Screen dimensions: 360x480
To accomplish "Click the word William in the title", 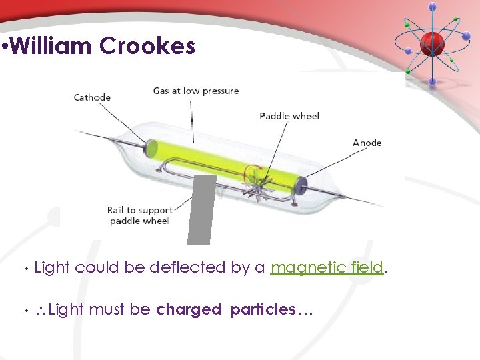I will (52, 47).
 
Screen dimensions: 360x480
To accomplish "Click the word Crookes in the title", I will (147, 47).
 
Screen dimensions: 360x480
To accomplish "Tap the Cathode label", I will (92, 97).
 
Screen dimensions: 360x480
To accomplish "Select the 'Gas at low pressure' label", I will (195, 91).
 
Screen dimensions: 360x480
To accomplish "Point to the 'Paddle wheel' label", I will (289, 116).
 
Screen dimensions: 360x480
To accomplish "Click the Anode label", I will (367, 143).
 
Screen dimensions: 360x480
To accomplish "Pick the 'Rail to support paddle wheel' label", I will (140, 215).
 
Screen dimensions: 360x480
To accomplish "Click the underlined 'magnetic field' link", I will (327, 268).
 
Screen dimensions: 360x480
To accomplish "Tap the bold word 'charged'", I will (189, 309).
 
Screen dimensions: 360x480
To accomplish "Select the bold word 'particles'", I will (263, 309).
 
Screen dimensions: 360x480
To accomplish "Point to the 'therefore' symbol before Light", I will (39, 310).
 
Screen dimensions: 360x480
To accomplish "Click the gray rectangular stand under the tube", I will (201, 210).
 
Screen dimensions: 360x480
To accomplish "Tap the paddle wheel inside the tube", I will (257, 183).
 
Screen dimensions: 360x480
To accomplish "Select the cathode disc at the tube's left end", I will (151, 147).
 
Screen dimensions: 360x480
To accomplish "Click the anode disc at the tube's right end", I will (300, 185).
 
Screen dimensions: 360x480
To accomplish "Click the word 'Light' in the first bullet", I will (51, 268).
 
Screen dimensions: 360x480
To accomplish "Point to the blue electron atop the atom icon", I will (433, 7).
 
